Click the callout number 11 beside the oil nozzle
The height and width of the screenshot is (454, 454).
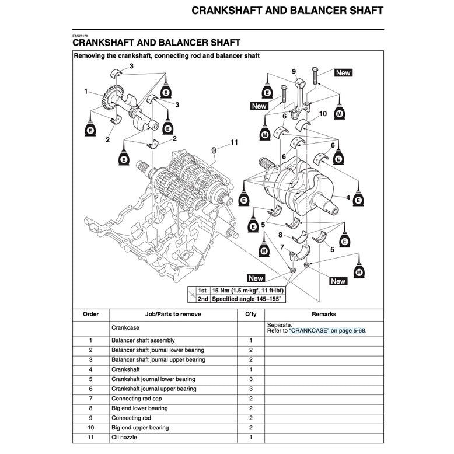[234, 142]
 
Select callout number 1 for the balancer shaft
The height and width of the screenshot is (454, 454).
[86, 92]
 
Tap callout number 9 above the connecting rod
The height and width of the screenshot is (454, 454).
[294, 71]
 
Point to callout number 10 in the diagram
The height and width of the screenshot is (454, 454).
[323, 114]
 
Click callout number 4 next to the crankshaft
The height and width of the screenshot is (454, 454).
[348, 198]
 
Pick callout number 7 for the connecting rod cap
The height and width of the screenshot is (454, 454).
[282, 247]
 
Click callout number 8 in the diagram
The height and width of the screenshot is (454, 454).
[280, 235]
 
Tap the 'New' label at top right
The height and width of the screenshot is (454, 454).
[343, 73]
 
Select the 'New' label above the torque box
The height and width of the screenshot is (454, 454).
[256, 278]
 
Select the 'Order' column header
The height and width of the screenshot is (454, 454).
[91, 314]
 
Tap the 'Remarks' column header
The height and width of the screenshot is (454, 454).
[324, 314]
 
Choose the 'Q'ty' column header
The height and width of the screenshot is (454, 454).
[251, 314]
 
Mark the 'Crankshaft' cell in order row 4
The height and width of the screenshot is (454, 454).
[125, 369]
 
